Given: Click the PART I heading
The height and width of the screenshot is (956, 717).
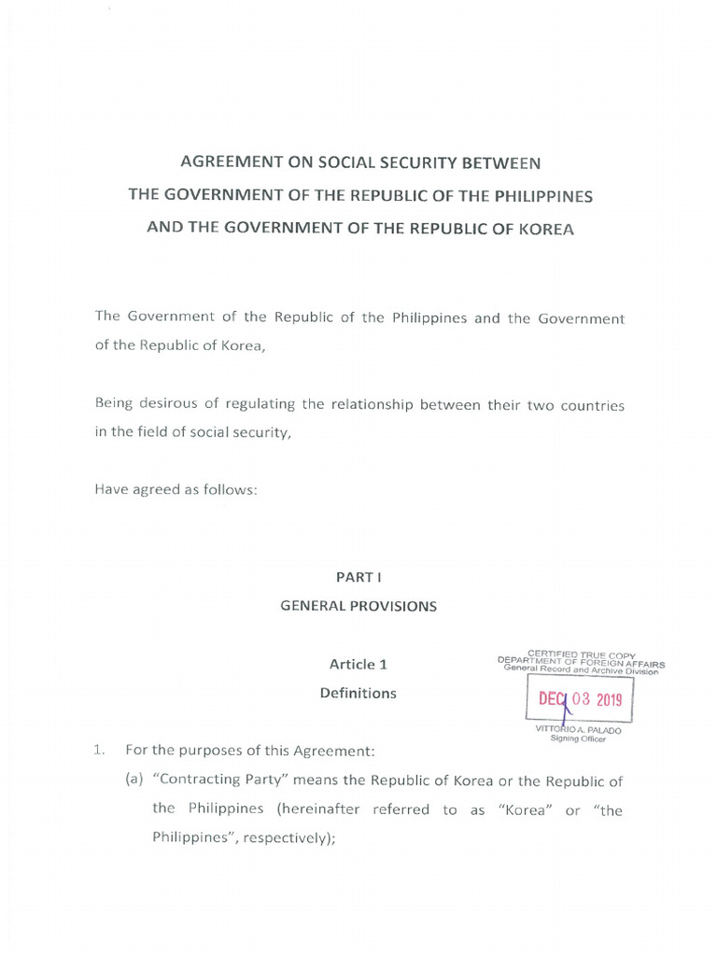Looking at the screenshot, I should coord(358,578).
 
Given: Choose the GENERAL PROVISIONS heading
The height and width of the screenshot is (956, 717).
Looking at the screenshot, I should coord(358,606).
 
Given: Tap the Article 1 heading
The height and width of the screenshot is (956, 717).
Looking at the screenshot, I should coord(358,665).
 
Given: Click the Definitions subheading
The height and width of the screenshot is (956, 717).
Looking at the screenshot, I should coord(358,694).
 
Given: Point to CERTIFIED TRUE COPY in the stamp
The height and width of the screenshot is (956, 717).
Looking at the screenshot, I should coord(581,654).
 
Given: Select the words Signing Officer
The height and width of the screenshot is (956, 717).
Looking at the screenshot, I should coord(579,739).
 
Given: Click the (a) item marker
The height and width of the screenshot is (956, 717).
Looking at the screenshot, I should coord(134,781).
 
